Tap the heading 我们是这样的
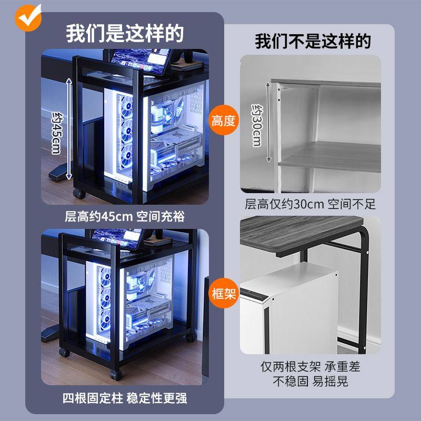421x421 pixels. (x=125, y=34)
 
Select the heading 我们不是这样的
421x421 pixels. (x=313, y=41)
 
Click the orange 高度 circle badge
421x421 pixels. (x=224, y=121)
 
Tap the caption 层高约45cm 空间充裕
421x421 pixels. (x=125, y=216)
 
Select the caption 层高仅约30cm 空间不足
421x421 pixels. (x=310, y=204)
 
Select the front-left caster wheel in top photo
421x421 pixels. (x=79, y=193)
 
